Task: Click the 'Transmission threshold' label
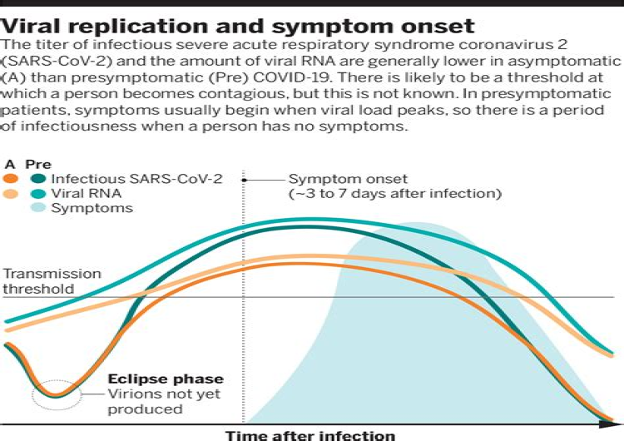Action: coord(52,281)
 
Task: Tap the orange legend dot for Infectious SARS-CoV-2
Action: coord(10,179)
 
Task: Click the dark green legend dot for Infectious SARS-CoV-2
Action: coord(37,179)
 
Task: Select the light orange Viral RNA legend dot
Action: coord(10,194)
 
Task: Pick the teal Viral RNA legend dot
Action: coord(37,194)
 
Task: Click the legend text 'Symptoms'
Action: coord(92,208)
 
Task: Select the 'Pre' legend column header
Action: coord(38,165)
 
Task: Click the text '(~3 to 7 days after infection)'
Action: coord(394,194)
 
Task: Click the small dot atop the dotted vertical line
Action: coord(243,179)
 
